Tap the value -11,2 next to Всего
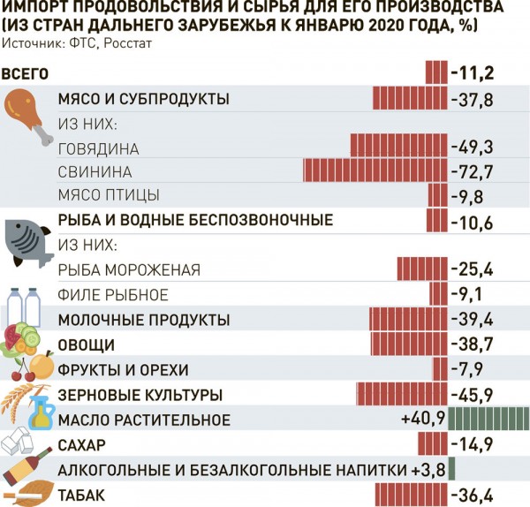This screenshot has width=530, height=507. point(472,72)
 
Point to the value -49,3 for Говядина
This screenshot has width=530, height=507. point(472,146)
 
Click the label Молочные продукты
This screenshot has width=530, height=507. point(144,319)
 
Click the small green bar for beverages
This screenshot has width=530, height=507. point(451,468)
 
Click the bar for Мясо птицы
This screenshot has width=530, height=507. point(436,194)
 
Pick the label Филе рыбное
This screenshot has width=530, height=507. point(112,294)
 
